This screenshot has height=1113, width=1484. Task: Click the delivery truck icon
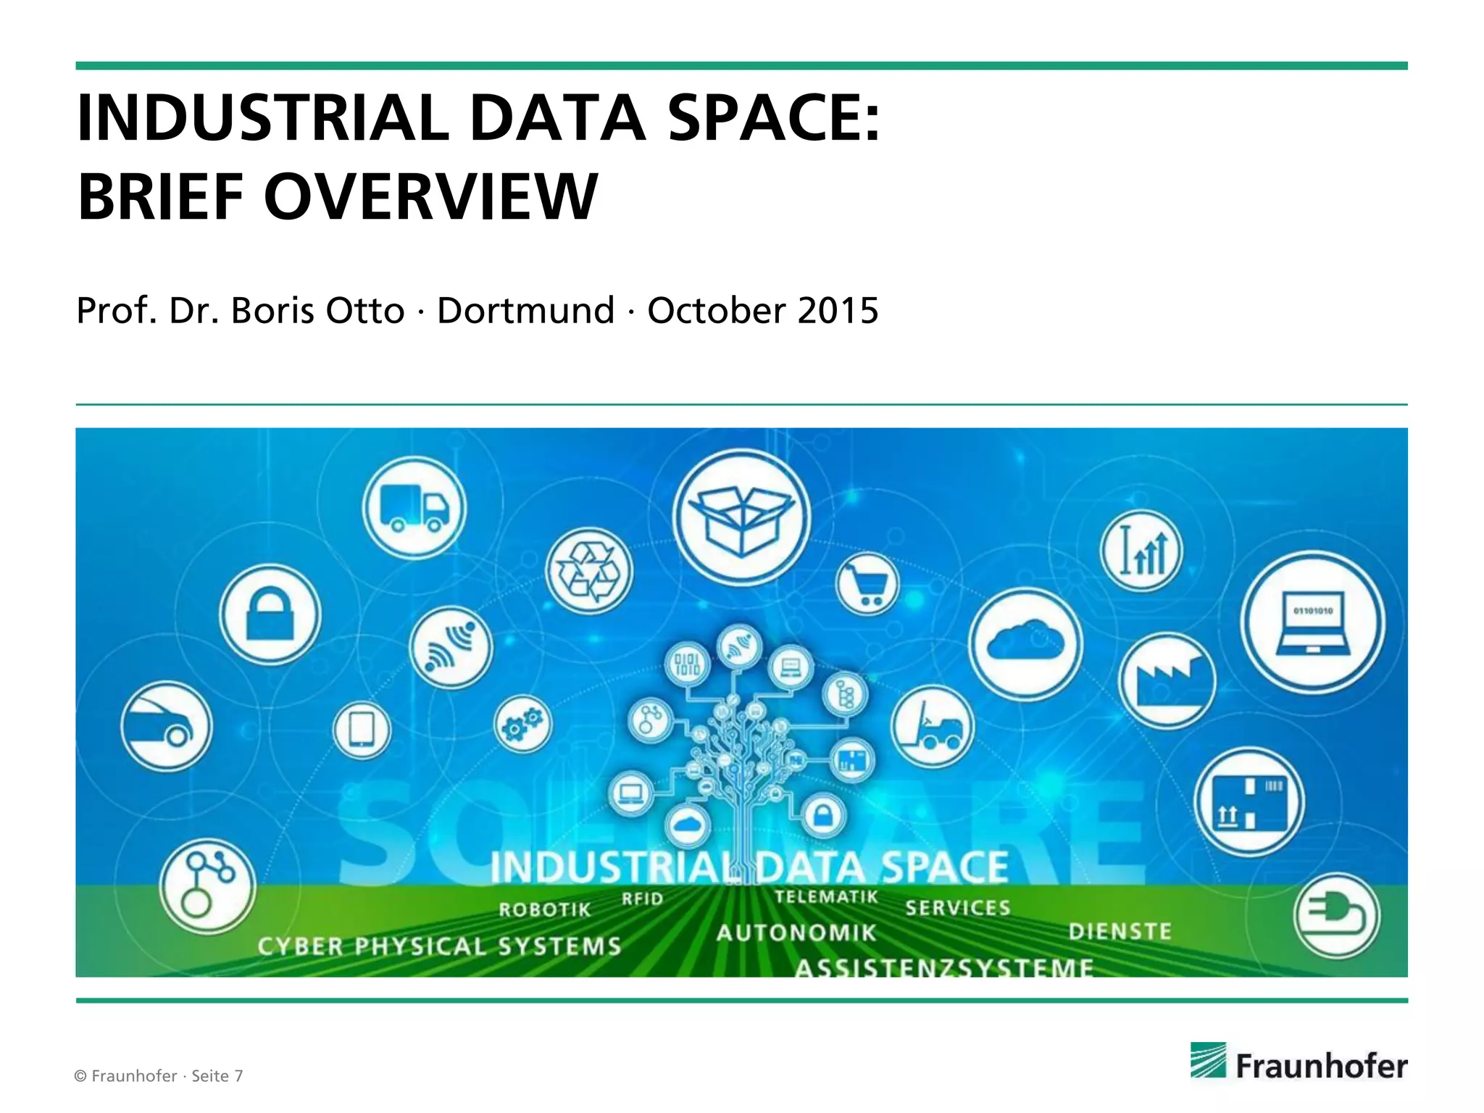[414, 508]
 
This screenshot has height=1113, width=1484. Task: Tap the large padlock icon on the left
[270, 614]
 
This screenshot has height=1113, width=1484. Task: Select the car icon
[166, 726]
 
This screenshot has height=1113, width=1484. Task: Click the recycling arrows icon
[588, 571]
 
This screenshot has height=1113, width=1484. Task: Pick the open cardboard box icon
[741, 517]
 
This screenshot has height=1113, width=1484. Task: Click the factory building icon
[1167, 680]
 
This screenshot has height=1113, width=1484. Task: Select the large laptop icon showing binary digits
[1312, 622]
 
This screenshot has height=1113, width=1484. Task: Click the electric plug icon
[1336, 916]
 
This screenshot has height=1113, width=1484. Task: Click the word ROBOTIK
[545, 909]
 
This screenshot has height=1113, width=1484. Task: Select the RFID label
[642, 899]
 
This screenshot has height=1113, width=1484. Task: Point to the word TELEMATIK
[826, 897]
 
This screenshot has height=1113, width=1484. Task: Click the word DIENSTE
[1120, 931]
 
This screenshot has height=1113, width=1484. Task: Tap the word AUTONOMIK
[796, 933]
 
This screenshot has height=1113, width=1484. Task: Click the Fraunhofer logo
[1298, 1063]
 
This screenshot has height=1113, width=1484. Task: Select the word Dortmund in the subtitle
[526, 311]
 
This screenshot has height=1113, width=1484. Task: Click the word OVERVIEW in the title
[430, 196]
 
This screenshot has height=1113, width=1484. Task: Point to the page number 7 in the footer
[238, 1076]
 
